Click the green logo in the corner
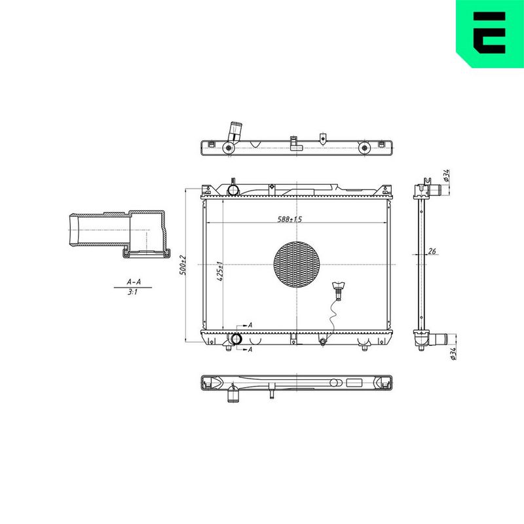(490, 33)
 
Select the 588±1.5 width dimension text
(290, 219)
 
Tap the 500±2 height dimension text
(183, 265)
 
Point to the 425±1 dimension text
(220, 271)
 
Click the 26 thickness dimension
(432, 251)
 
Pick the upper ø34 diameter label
(447, 176)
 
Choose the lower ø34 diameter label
(453, 354)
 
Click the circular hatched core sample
(297, 265)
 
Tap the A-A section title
(134, 282)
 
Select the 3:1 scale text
(133, 292)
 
